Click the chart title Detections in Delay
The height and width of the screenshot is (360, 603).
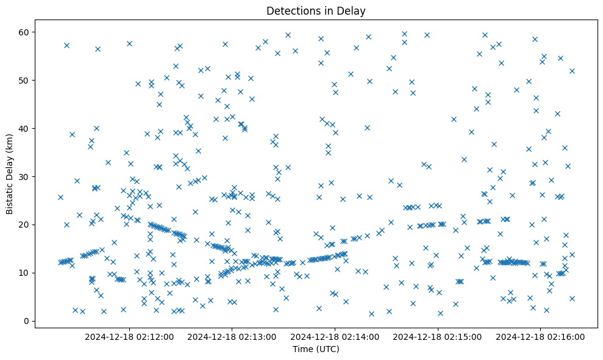[x=316, y=10]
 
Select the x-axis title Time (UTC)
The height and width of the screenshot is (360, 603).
[x=316, y=349]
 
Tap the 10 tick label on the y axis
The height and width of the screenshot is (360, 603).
[x=23, y=273]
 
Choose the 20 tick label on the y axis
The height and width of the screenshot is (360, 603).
[x=23, y=225]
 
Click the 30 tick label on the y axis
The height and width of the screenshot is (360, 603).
[x=23, y=176]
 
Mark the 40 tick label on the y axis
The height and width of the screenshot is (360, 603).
[x=23, y=128]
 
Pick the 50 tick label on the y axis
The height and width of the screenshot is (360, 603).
[x=23, y=80]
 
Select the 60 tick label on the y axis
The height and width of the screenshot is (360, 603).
[x=23, y=32]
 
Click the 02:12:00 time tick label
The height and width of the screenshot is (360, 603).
[x=129, y=336]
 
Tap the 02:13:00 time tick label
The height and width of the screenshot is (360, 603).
[x=232, y=336]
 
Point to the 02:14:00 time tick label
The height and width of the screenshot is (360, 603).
[x=335, y=336]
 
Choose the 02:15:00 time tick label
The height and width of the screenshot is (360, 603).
[x=438, y=336]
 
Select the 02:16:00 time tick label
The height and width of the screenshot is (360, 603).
[x=541, y=336]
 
